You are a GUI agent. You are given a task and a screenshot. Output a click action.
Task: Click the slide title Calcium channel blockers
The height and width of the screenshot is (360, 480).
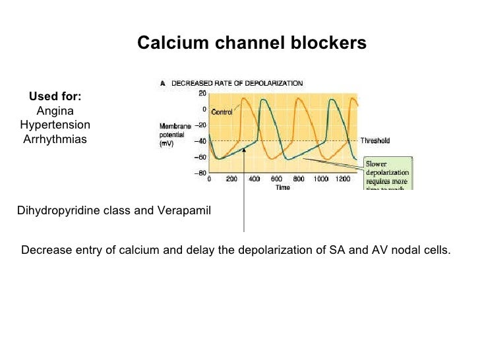coord(251,44)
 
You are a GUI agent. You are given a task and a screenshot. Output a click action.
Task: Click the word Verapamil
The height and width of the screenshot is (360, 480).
coord(184,211)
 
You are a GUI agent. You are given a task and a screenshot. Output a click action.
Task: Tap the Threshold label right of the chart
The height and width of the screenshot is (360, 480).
coord(375,140)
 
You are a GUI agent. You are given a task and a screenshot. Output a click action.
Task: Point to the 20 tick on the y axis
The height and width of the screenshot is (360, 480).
coord(202,94)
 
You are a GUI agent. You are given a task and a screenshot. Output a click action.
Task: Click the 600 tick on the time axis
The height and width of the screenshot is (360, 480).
coord(276,179)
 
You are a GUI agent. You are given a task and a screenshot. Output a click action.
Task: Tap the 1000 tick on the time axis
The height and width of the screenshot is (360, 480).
coord(321,179)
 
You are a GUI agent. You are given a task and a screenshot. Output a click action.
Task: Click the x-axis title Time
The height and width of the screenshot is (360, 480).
coord(283,188)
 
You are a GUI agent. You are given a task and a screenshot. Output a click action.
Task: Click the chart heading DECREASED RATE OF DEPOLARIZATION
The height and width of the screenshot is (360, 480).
coord(237,84)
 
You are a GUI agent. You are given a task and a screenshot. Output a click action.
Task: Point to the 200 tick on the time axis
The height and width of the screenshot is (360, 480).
coord(231,179)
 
